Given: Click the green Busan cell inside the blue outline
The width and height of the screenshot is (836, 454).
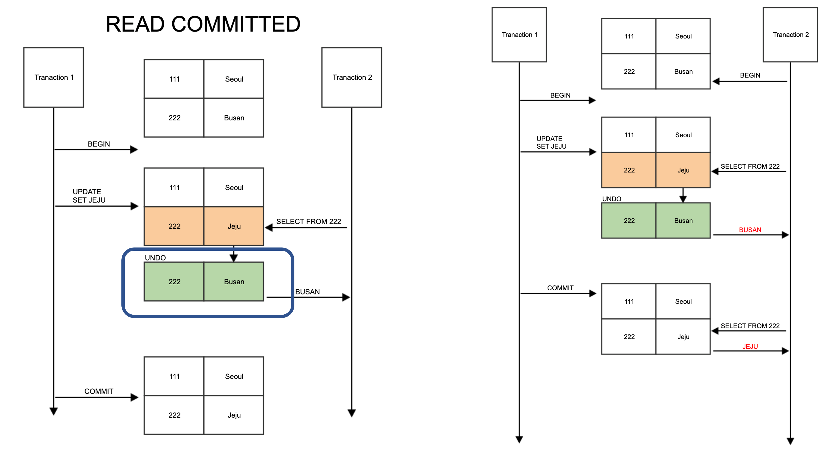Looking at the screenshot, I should [x=234, y=281].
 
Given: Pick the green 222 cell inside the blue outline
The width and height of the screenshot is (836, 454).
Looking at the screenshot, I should [x=174, y=281].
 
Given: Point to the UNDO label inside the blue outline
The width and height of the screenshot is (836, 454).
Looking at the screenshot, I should [x=155, y=258].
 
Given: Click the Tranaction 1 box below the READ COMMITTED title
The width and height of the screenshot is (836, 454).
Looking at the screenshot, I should [x=54, y=77].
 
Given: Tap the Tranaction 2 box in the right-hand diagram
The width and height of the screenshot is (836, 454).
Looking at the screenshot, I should [x=790, y=34].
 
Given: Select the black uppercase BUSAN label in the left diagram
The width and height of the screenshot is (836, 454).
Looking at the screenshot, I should [x=307, y=291].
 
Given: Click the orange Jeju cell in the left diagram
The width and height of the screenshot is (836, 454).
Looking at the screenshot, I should [x=234, y=226].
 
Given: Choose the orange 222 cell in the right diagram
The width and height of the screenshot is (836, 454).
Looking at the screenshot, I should [x=629, y=170].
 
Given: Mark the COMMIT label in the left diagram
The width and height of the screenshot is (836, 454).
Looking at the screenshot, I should [x=99, y=391].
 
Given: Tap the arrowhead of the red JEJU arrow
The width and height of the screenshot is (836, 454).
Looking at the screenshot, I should [x=785, y=351].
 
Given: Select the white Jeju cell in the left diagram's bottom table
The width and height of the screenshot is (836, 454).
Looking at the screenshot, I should [x=234, y=415].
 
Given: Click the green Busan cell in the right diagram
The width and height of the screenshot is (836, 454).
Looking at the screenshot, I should [x=683, y=220].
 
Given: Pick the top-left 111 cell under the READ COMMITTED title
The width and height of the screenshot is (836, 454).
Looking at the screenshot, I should [x=174, y=79].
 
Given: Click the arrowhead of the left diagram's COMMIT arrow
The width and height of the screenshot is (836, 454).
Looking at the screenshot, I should [x=134, y=397].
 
